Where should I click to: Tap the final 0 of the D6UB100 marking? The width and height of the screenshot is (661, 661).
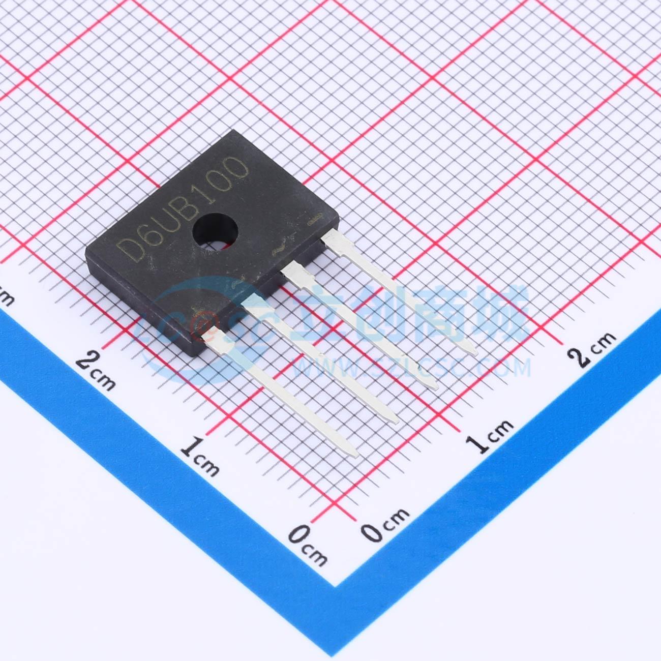point(236,168)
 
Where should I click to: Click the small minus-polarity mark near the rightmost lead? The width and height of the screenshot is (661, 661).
point(315,219)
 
